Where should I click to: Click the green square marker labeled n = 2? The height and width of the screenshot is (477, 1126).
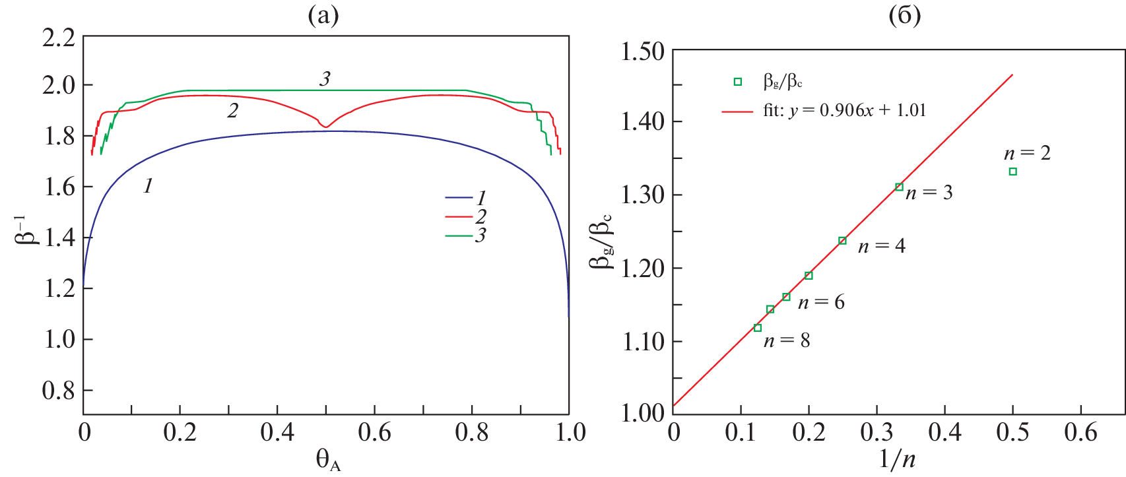coord(1012,172)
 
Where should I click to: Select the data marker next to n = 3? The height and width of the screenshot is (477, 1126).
coord(899,187)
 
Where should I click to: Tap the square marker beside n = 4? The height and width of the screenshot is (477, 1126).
coord(842,241)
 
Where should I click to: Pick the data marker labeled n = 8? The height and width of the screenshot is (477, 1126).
coord(758,328)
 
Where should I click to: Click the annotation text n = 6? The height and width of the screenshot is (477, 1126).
coord(820,302)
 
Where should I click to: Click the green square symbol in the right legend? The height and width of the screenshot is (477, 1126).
coord(738,82)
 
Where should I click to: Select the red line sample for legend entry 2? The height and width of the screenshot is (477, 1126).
coord(458,216)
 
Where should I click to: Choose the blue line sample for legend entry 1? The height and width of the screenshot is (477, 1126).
coord(458,197)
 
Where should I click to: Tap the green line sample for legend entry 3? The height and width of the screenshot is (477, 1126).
coord(458,236)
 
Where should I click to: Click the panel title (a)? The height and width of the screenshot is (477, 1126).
coord(323,15)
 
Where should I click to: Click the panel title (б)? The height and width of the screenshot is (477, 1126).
coord(904,15)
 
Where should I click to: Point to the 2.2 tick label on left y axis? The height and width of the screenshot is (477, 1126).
coord(59,38)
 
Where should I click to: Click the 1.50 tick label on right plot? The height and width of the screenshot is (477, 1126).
coord(643,51)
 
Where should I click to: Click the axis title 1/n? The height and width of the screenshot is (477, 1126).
coord(897,459)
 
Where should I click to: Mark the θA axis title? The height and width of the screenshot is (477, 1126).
coord(328,460)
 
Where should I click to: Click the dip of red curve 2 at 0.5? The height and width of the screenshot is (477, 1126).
coord(325,126)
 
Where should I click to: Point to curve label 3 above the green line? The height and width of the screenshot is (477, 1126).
coord(325,79)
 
